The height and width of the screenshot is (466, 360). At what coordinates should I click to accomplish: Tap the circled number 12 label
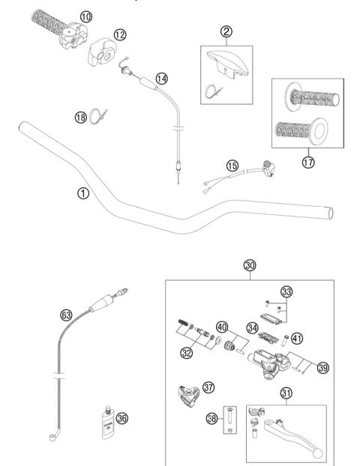point(121,34)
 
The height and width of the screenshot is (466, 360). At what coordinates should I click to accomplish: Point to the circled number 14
point(162,78)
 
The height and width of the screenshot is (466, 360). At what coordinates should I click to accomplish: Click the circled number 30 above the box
point(249,264)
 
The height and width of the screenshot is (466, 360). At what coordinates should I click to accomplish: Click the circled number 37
point(208,387)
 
